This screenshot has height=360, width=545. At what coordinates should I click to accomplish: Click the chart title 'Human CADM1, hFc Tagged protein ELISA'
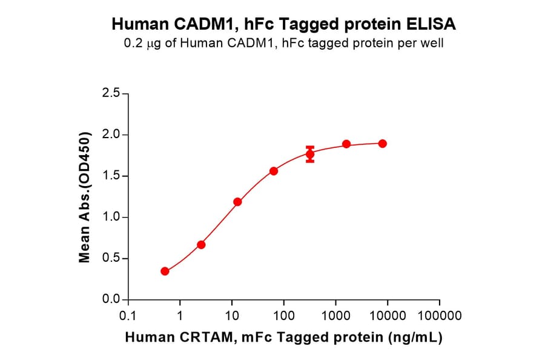pos(284,24)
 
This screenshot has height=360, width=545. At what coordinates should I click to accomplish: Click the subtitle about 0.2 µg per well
pos(284,44)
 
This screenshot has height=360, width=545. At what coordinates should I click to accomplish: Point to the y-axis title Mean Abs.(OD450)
pos(85,196)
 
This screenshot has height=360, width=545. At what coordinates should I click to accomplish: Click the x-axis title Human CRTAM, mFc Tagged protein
pos(283,338)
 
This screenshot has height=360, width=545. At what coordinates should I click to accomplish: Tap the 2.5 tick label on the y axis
pos(112,93)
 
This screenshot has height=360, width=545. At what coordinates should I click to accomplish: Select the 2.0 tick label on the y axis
pos(112,135)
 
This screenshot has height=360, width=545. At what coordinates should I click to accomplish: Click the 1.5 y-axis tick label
pos(112,176)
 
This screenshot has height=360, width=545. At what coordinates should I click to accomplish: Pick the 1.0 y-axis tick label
pos(112,217)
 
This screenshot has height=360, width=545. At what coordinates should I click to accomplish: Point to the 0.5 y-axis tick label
pos(112,259)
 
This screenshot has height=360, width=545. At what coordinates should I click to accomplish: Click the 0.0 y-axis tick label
pos(112,300)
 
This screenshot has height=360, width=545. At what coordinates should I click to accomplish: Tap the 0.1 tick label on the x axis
pos(128,316)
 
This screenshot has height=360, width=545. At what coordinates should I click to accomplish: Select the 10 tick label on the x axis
pos(232,316)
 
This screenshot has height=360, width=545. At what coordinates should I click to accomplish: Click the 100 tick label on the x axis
pos(284,316)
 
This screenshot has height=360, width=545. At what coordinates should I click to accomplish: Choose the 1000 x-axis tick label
pos(335,316)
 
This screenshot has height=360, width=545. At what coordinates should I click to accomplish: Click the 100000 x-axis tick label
pos(440,316)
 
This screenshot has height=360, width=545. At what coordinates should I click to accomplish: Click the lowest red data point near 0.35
pos(165,271)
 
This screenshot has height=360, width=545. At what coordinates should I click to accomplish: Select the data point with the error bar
pos(310,155)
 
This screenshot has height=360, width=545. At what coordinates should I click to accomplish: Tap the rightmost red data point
pos(383,144)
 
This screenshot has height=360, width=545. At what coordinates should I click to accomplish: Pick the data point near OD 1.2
pos(237,202)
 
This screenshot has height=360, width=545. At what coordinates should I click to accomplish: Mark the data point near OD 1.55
pos(274,171)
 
